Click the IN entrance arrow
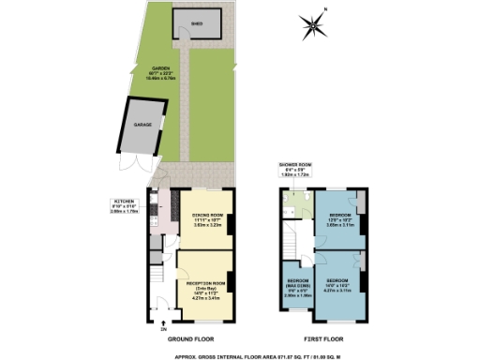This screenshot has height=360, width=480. pos(163,323)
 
